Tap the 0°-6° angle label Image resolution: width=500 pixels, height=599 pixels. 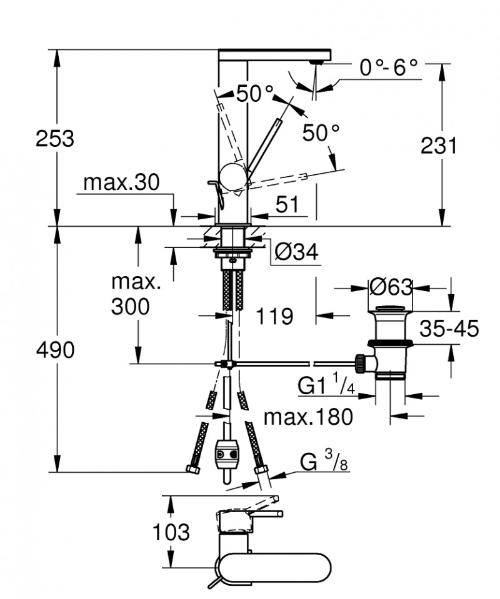[x=388, y=67]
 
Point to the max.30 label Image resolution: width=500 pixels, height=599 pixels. [x=122, y=182]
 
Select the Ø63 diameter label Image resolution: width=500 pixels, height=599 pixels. [x=391, y=287]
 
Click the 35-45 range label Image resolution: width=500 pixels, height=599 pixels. [x=449, y=329]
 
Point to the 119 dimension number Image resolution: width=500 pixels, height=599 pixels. [x=274, y=317]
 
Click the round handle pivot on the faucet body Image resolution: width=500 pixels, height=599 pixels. [x=234, y=176]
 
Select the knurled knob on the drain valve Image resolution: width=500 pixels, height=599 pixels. [x=361, y=362]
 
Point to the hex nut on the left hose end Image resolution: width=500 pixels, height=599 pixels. [x=191, y=469]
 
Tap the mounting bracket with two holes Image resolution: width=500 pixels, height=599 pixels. [x=226, y=454]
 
